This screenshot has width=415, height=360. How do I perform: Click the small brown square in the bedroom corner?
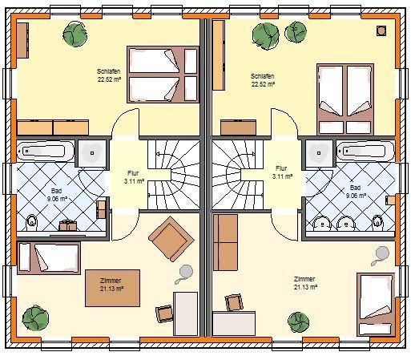[x=381, y=30]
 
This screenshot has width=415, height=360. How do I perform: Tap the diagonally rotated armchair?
[x=171, y=239]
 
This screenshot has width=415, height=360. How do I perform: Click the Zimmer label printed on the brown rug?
[x=111, y=281]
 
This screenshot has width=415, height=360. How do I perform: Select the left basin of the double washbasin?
[x=322, y=223]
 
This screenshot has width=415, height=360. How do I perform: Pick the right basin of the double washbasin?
[x=346, y=223]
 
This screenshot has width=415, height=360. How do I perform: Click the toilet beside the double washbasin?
[x=377, y=222]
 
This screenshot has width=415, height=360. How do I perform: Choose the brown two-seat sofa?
[x=225, y=242]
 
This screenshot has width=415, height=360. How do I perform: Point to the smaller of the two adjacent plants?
[x=296, y=32]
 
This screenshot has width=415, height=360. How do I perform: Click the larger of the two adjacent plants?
[x=266, y=36]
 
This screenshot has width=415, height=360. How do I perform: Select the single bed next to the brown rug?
[x=49, y=258]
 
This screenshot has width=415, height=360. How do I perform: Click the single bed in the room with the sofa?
[x=376, y=305]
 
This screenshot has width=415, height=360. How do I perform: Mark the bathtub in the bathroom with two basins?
[x=365, y=152]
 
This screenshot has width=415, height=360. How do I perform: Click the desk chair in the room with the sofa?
[x=234, y=302]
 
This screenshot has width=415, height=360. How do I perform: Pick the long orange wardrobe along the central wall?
[x=219, y=55]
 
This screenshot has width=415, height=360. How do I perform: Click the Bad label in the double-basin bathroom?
[x=355, y=188]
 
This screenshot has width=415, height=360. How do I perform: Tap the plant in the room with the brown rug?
[x=35, y=318]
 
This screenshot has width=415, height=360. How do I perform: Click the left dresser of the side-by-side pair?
[x=34, y=127]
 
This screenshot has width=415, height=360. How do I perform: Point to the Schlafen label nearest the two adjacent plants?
[x=262, y=76]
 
